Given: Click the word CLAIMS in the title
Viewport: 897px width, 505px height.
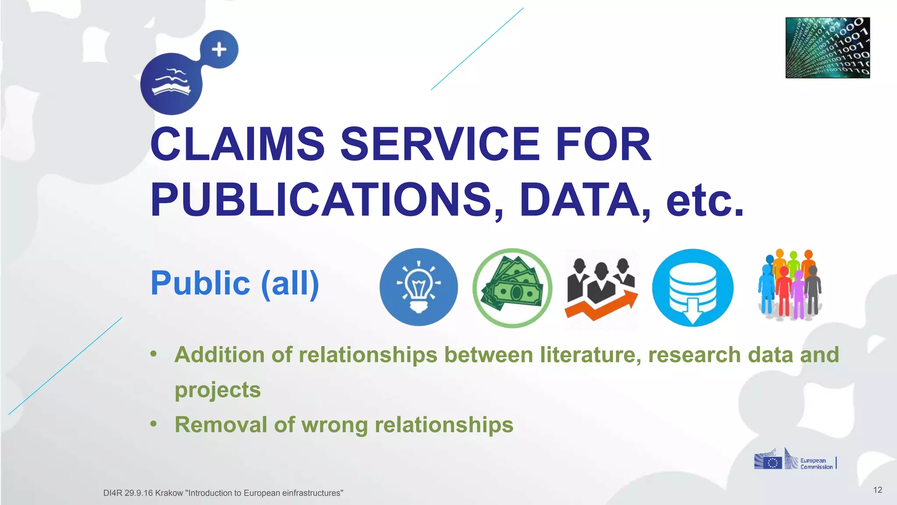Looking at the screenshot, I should point(237,144).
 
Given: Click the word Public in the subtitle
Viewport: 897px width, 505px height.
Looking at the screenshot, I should point(200,283).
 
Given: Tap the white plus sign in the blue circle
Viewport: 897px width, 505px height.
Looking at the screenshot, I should point(219,50).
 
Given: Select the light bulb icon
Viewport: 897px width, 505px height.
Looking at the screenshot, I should point(418,287).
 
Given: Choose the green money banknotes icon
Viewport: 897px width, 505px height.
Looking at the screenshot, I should point(512,288).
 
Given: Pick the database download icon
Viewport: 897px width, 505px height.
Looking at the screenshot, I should point(692,288).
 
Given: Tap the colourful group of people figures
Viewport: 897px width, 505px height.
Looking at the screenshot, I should point(790,285).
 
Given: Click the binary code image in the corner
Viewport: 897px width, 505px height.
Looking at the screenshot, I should point(827,48).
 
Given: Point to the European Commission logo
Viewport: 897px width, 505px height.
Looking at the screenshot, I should point(795,460).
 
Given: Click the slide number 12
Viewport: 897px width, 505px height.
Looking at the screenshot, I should point(877,490).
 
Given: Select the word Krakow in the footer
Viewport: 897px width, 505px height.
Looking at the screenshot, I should point(169,493).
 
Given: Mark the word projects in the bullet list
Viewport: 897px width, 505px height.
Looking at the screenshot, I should point(218,390).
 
